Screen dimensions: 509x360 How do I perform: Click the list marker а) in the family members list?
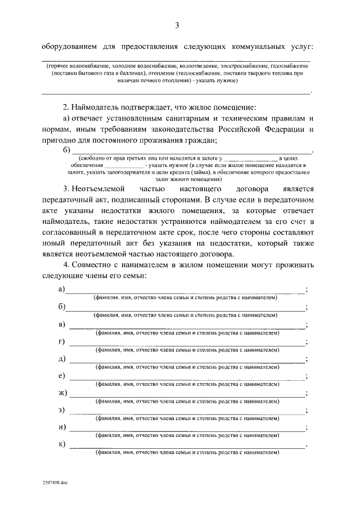click(x=62, y=289)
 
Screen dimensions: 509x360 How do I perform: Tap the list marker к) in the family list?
click(x=62, y=444)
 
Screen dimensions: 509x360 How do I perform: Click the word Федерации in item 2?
click(x=281, y=129)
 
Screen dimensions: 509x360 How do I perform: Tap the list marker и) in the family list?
click(x=62, y=427)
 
